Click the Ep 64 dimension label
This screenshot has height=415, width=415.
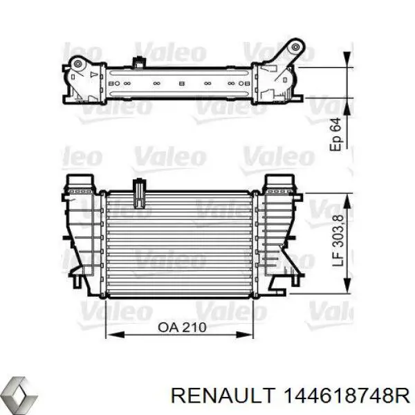(336, 134)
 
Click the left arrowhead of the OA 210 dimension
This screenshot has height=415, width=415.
(109, 339)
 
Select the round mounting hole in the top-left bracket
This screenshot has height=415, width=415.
(78, 66)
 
